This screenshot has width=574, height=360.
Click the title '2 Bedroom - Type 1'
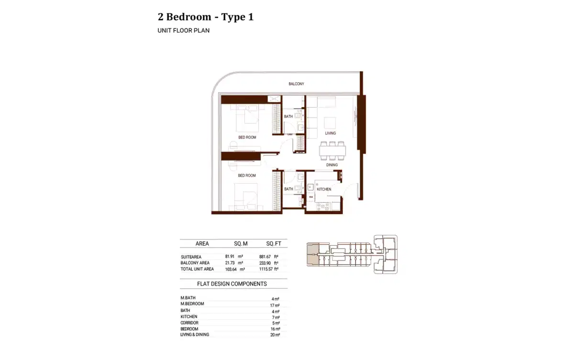[x=206, y=17]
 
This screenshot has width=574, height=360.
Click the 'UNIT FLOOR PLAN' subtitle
[x=184, y=31]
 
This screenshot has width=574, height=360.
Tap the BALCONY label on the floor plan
[x=296, y=84]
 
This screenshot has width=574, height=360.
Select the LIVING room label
[x=330, y=133]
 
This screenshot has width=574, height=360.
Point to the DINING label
[x=332, y=165]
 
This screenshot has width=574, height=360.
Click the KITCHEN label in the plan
[x=324, y=189]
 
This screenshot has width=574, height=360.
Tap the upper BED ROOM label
[x=247, y=138]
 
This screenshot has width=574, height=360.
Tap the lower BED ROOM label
[x=247, y=175]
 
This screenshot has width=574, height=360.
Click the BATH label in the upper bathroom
[x=288, y=117]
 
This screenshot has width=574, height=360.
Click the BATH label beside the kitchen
[x=288, y=189]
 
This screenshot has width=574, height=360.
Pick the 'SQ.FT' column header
[x=273, y=244]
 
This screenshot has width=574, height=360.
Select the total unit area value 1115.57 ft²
[x=269, y=270]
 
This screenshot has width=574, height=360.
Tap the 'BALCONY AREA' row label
[x=195, y=263]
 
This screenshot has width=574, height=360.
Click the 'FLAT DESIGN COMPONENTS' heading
[x=232, y=284]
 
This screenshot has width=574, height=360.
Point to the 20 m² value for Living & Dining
[x=275, y=335]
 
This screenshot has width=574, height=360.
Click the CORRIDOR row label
[x=189, y=323]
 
